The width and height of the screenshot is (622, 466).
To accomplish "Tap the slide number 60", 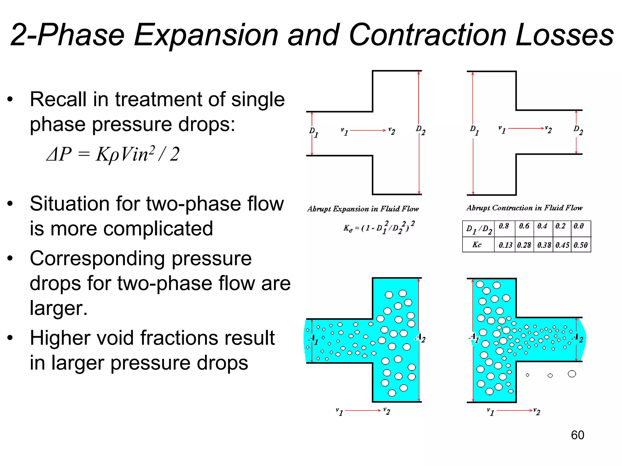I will (x=577, y=435).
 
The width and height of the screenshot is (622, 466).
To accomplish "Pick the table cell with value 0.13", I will (x=505, y=245).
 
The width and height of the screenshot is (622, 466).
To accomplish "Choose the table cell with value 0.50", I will (x=580, y=245).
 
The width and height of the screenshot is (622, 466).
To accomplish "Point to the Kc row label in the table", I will (x=477, y=245).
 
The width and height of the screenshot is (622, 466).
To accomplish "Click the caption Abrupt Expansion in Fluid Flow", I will (x=363, y=209).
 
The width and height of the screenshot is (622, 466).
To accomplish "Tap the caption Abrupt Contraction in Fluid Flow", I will (x=525, y=208).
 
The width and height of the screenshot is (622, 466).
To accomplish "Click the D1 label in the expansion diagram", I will (x=313, y=132).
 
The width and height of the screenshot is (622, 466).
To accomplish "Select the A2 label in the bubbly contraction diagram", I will (x=578, y=337).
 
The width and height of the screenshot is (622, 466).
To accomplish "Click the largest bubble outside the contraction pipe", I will (x=572, y=374).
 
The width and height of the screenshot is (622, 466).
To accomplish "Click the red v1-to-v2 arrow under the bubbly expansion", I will (x=363, y=410).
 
